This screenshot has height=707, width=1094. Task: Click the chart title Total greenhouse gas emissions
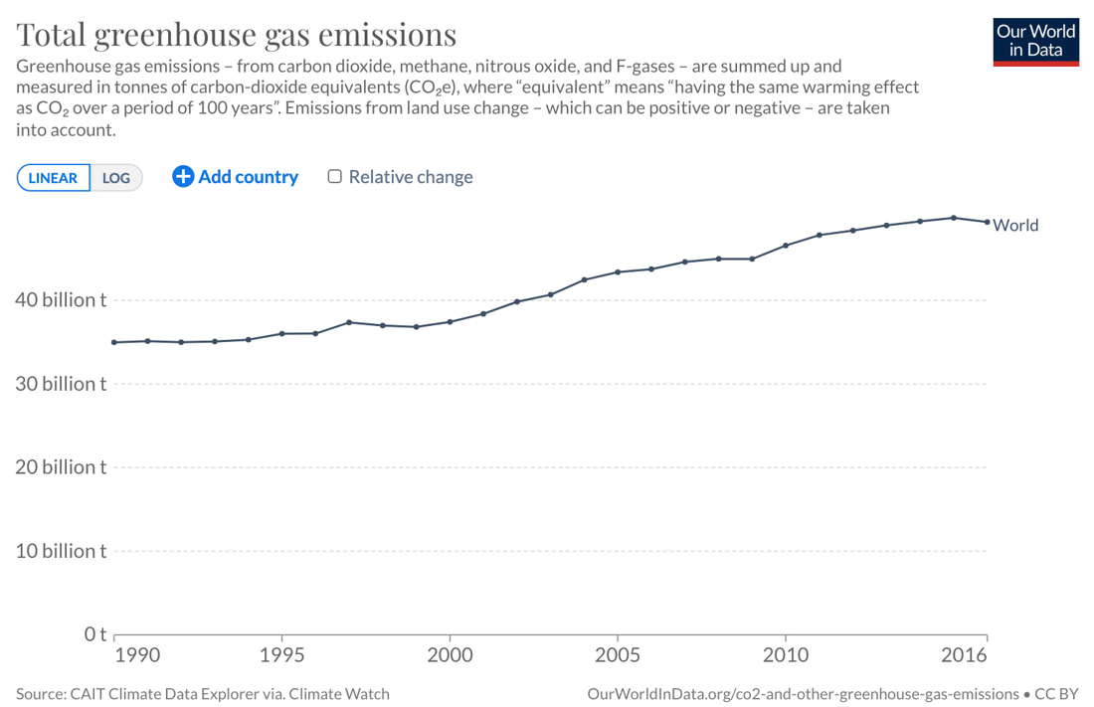(x=237, y=35)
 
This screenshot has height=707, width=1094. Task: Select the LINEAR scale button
(x=54, y=178)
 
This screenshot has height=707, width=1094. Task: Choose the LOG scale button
(x=116, y=178)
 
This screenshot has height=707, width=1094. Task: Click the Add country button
(x=236, y=177)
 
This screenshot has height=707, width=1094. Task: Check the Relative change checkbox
(x=335, y=176)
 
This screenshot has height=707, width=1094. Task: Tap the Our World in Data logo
(x=1035, y=41)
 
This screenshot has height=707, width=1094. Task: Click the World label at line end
(x=1015, y=225)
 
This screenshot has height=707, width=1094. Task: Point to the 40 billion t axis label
(x=61, y=299)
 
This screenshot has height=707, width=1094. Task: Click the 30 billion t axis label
(x=61, y=383)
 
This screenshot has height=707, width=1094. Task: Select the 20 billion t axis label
(x=61, y=466)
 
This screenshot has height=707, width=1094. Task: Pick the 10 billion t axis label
(x=61, y=550)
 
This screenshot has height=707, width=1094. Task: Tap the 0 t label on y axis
(x=94, y=633)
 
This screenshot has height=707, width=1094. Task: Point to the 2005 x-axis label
(x=618, y=655)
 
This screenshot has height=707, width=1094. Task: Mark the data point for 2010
(x=786, y=246)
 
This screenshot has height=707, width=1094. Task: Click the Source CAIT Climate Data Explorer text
(x=203, y=693)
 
